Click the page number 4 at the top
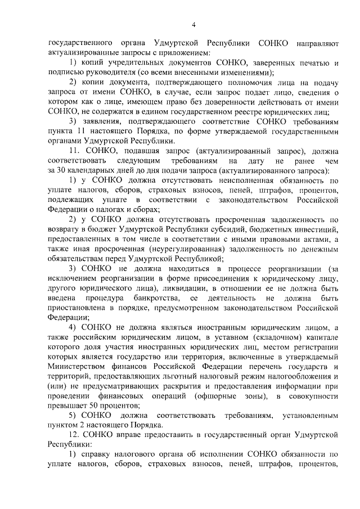click(193, 24)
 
